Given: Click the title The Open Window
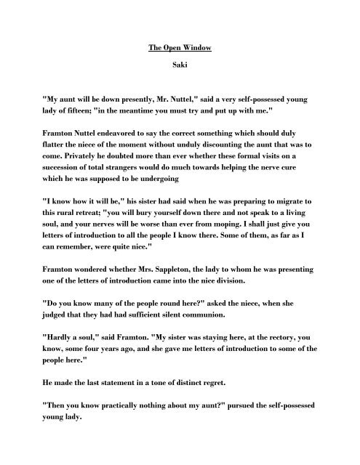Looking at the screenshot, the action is point(180,49).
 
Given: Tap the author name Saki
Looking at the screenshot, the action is point(180,74).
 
